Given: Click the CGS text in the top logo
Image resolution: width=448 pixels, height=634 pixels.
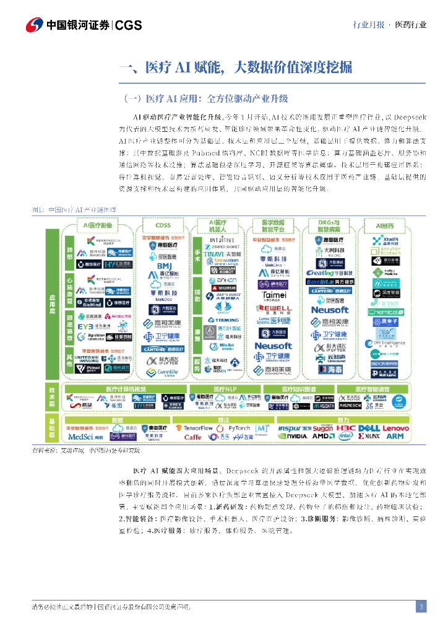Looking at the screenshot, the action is point(129,25).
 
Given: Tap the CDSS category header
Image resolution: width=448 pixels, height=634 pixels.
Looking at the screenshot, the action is point(164,225).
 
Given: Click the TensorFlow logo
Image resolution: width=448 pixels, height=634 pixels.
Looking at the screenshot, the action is point(198,428).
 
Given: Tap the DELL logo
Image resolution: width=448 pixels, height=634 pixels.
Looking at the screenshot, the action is point(368,428).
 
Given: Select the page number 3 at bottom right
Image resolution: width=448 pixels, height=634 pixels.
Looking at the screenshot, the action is point(421,607).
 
